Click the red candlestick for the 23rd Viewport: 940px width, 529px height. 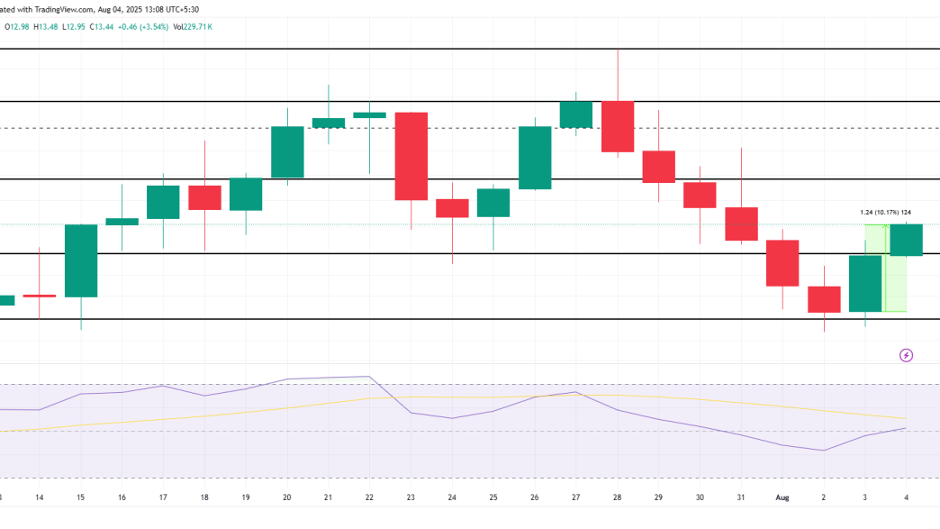point(411,156)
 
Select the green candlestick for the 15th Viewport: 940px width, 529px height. point(81,260)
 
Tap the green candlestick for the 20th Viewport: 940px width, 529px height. point(287,151)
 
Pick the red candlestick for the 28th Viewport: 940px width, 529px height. point(618,126)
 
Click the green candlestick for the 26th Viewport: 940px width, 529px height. point(535,158)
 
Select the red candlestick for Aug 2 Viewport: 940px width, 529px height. point(824,299)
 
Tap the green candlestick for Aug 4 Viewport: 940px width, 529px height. point(906,240)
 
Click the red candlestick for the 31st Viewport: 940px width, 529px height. point(741,223)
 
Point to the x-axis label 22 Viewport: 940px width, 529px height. point(370,497)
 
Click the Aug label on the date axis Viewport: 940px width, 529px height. point(782,497)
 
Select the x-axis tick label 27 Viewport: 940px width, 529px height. point(576,497)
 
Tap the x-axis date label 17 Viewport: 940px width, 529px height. point(163,497)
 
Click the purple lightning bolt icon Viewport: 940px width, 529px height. point(907,355)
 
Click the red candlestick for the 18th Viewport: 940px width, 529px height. point(204,197)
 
